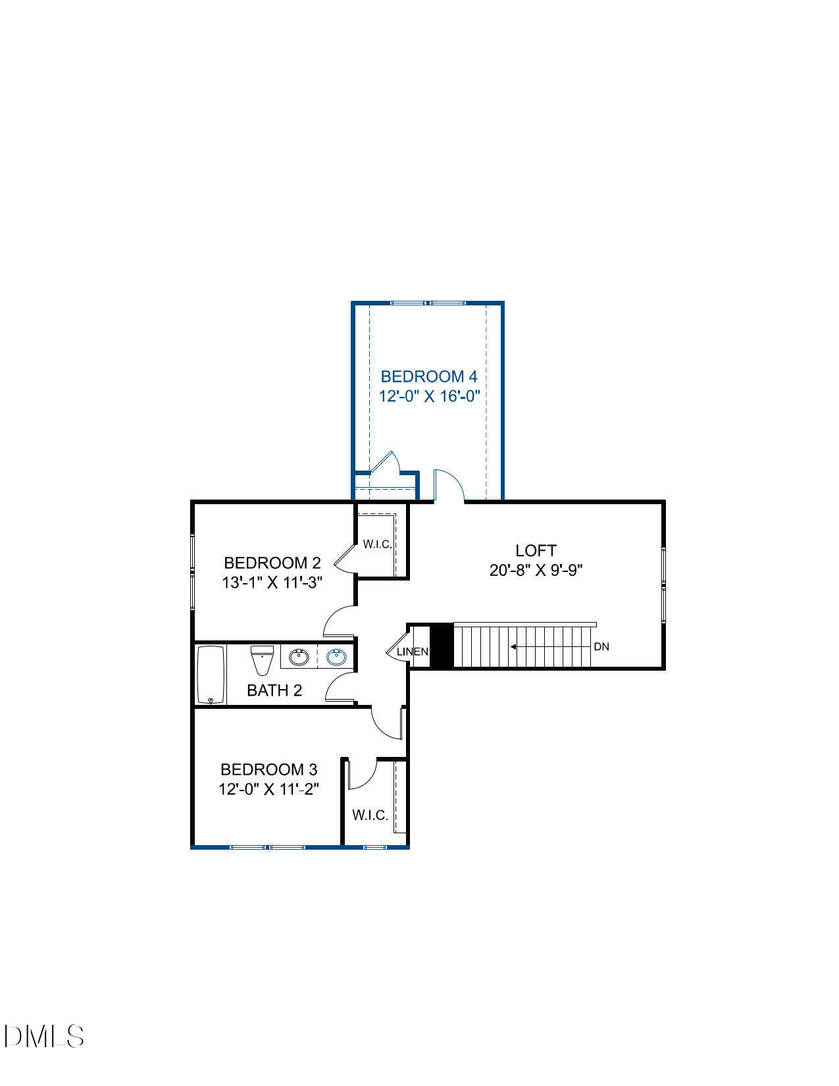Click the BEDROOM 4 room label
coord(428,376)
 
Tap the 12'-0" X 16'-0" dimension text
coord(428,396)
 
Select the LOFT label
coord(536,550)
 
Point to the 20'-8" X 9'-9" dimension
coord(536,570)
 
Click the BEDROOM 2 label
coord(272,563)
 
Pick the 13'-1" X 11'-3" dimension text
coord(272,582)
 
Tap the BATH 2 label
coord(274,690)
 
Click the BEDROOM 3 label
coord(268,769)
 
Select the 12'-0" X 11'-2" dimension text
coord(268,789)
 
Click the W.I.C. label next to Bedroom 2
coord(377,544)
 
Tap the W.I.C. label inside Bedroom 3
coord(370,815)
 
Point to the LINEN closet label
coord(413,652)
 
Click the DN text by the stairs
coord(601,647)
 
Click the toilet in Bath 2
coord(262,659)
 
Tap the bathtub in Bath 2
coord(211,675)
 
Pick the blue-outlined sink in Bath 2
coord(336,656)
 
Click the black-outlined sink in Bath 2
coord(299,656)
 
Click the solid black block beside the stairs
coord(442,646)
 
